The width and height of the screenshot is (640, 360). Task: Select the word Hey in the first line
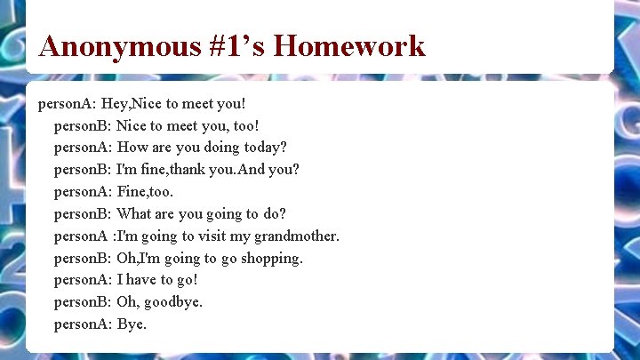(115, 103)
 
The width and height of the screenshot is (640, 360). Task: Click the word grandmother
(293, 236)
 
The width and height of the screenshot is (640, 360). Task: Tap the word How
(132, 148)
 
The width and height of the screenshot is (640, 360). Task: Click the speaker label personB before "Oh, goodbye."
(82, 302)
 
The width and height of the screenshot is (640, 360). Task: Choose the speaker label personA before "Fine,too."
(82, 192)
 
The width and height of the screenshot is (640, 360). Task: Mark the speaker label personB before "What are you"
(82, 214)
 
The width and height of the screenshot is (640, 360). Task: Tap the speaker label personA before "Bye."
(82, 324)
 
